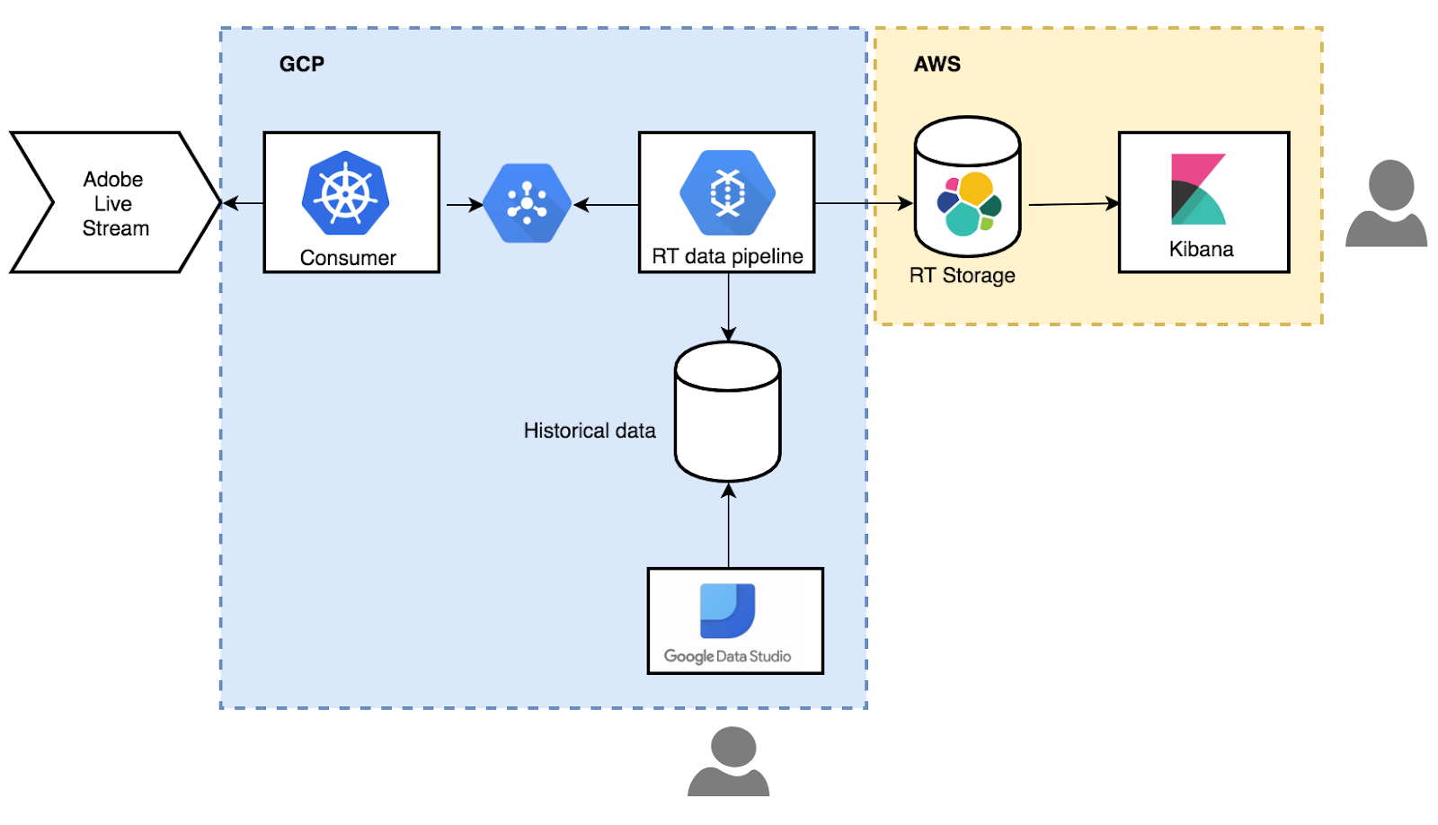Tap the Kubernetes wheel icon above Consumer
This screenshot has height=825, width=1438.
(345, 192)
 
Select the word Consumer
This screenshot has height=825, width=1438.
(348, 257)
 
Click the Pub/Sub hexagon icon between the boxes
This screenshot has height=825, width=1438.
(527, 203)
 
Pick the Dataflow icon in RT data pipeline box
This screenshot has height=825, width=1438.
(727, 192)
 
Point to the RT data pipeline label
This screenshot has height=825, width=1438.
(727, 256)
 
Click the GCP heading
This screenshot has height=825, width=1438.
(302, 64)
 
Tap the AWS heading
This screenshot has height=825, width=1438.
(937, 64)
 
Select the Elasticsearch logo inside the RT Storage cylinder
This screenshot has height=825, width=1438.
(970, 203)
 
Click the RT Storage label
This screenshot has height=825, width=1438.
(963, 275)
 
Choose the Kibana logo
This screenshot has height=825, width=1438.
(1199, 189)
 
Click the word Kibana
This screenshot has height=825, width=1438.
(1201, 249)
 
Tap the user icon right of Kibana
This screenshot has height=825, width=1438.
(1387, 203)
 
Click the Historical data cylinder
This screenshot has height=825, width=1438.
(728, 412)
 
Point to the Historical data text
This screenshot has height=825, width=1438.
(590, 430)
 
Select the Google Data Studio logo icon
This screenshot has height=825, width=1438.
(727, 610)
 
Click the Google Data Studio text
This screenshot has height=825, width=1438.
(727, 656)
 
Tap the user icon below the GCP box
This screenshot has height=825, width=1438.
(729, 761)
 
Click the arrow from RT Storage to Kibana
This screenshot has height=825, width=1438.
(1074, 204)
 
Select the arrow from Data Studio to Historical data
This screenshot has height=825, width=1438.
(729, 525)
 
